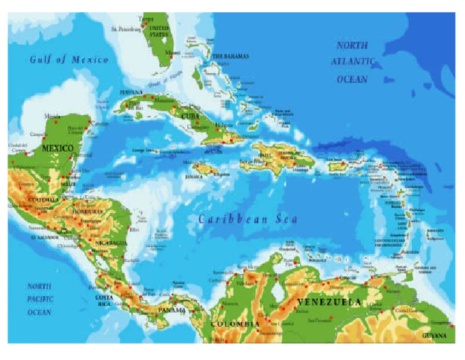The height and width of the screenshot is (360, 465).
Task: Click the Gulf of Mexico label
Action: point(69,59)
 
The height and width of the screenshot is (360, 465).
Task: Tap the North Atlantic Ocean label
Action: point(352,62)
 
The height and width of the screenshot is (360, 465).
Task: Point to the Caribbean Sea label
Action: point(248,219)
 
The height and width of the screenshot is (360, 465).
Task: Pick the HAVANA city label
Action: point(131,92)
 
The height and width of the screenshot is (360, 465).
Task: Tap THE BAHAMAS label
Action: point(229,56)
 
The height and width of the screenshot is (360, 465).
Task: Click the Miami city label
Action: point(173,53)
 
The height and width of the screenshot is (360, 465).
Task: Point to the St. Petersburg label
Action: point(126,28)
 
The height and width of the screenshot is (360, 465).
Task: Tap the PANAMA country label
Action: point(173,310)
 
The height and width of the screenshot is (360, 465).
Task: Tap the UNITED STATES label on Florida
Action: point(159,32)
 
